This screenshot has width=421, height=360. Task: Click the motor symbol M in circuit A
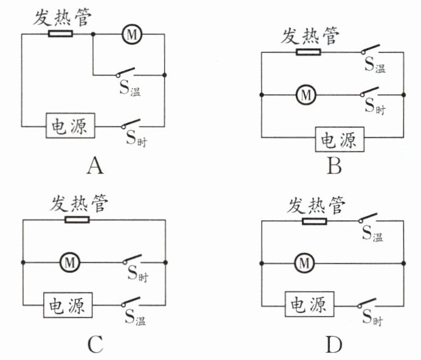[132, 34]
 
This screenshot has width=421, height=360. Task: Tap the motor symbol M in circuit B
[306, 95]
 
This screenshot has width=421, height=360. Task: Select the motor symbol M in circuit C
[70, 263]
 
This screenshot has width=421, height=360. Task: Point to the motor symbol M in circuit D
[304, 263]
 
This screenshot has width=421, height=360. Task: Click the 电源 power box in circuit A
[70, 125]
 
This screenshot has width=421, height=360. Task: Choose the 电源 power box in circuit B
[340, 139]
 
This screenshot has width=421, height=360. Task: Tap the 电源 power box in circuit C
[68, 305]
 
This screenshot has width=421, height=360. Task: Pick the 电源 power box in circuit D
[310, 304]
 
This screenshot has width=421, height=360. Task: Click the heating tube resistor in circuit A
[60, 33]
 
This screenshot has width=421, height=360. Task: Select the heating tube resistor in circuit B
[309, 52]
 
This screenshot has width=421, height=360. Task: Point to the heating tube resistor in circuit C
[77, 220]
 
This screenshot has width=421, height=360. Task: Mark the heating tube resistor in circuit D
[315, 221]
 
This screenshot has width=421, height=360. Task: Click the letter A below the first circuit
[95, 166]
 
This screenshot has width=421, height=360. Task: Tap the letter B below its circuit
[334, 166]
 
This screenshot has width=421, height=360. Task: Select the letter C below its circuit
[95, 345]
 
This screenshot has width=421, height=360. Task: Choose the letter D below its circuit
[334, 345]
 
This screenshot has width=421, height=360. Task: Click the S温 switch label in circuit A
[130, 88]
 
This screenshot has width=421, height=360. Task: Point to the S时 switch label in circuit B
[375, 106]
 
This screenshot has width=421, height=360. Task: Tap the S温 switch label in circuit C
[135, 317]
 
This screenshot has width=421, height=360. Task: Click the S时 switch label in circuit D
[372, 317]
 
